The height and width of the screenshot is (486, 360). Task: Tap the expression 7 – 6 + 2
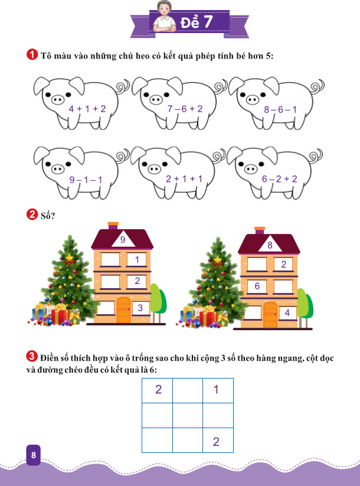pos(185,109)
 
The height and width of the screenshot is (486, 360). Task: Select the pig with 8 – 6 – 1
pos(276,102)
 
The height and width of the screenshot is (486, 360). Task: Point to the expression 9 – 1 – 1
pos(86,180)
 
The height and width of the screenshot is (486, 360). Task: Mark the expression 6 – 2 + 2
pos(280,179)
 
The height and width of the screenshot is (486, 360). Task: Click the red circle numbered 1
pos(32,54)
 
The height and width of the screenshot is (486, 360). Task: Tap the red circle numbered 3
pos(32,356)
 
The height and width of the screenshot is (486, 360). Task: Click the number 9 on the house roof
pos(123,240)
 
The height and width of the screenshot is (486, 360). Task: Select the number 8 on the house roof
pos(270,245)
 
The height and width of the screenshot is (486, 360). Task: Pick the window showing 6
pos(257,286)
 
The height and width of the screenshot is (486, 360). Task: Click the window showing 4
pos(288,313)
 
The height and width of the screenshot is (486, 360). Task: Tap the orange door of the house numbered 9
pos(124,310)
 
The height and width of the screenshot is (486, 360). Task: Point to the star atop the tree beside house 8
pos(218,259)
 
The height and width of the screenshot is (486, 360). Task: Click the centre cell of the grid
pos(188,415)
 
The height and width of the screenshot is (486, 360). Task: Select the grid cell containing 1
pos(218,390)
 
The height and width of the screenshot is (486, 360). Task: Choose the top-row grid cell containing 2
pos(157,390)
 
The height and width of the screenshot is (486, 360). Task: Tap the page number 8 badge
pos(34,455)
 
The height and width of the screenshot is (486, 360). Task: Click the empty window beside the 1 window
pos(110,260)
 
